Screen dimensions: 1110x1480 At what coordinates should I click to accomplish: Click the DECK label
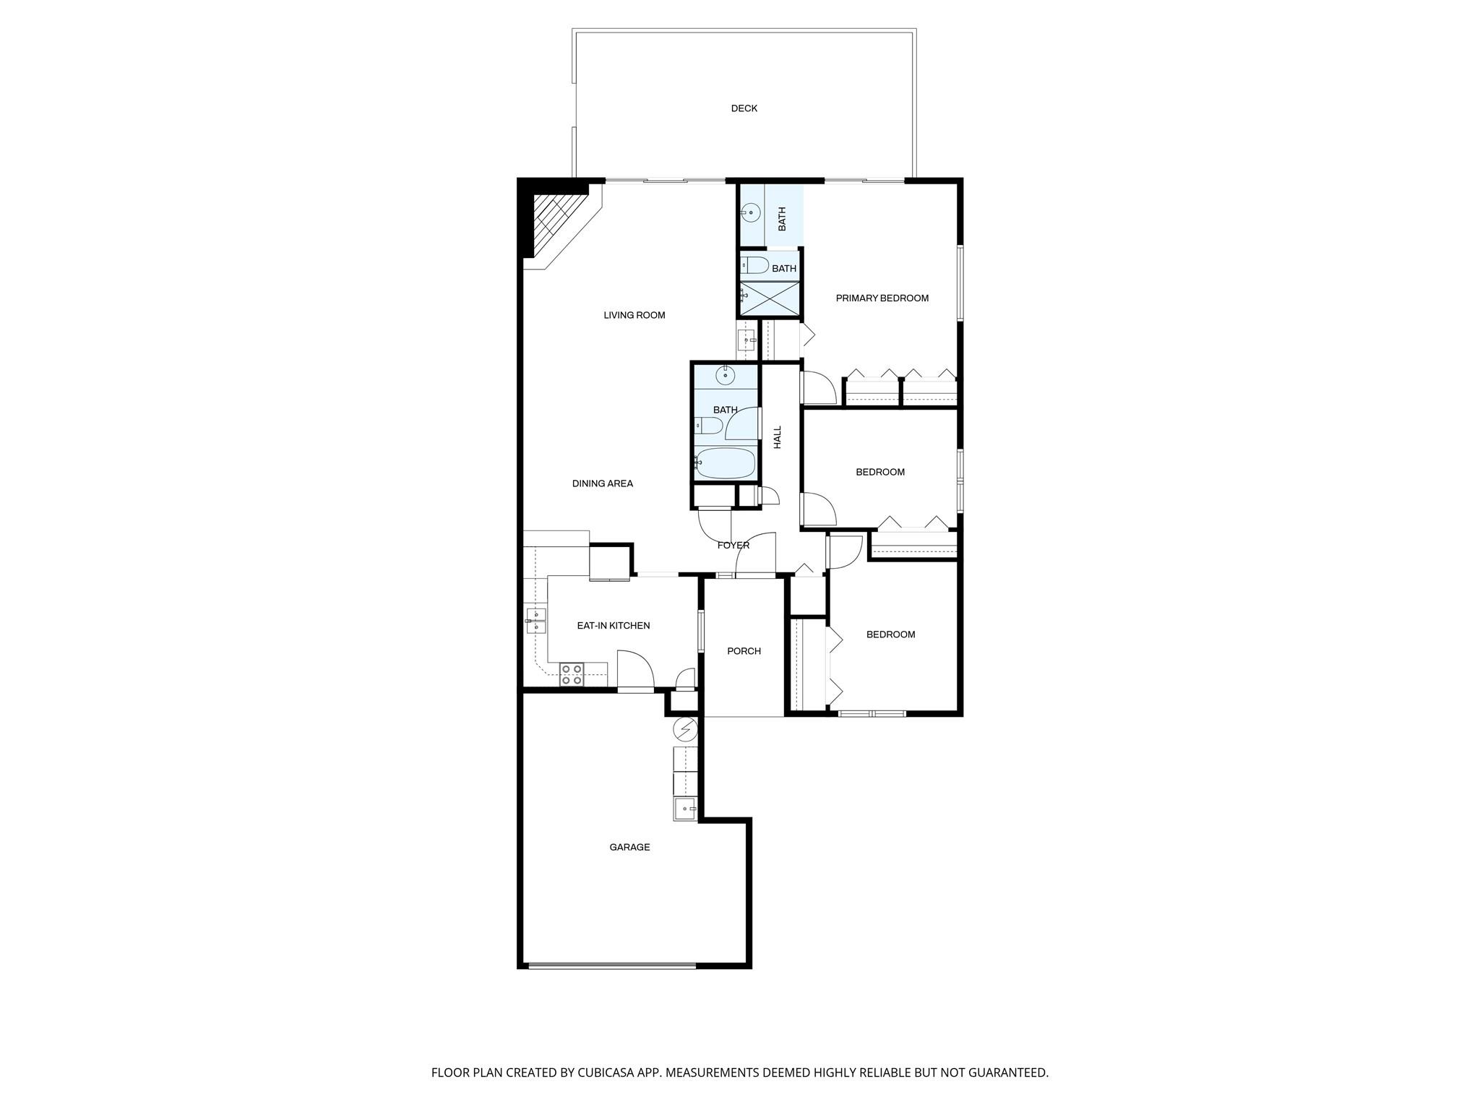(744, 108)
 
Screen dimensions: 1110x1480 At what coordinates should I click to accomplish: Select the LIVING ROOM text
(634, 315)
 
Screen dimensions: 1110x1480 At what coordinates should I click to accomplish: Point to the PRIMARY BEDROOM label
(882, 298)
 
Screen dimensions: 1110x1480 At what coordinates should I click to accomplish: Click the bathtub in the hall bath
(725, 462)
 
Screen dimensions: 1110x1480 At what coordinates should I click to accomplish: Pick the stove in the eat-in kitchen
(572, 674)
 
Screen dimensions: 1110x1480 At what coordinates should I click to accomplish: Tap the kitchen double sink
(535, 621)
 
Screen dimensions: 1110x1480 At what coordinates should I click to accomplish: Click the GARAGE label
(629, 847)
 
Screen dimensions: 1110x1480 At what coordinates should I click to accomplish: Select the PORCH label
(744, 651)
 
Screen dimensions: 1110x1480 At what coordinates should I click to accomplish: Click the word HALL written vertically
(778, 437)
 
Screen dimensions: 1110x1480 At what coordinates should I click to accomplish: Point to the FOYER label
(733, 545)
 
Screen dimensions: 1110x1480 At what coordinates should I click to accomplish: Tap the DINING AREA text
(602, 483)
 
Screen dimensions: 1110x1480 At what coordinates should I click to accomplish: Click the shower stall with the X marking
(770, 298)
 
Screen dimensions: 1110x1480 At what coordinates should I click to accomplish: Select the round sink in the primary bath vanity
(752, 212)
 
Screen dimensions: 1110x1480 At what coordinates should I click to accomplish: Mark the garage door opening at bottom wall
(611, 965)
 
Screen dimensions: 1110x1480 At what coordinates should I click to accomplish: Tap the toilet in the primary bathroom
(755, 265)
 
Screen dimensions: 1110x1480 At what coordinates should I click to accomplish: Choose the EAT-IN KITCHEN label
(613, 626)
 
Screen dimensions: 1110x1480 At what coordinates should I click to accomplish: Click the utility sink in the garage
(685, 809)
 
